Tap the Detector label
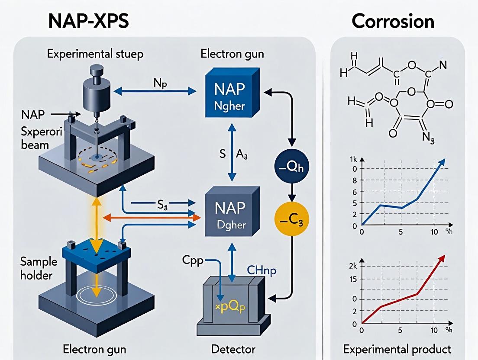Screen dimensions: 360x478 (233, 349)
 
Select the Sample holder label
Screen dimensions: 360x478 (39, 269)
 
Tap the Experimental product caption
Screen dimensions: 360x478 (397, 349)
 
